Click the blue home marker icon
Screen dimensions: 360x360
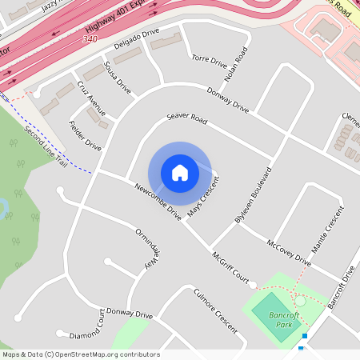(x=180, y=173)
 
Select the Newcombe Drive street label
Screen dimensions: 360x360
(x=158, y=199)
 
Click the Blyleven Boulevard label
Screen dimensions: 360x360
(x=254, y=195)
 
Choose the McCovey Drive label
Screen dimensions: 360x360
(x=289, y=250)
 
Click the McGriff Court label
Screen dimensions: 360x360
(x=230, y=270)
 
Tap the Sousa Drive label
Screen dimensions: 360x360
(x=117, y=76)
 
